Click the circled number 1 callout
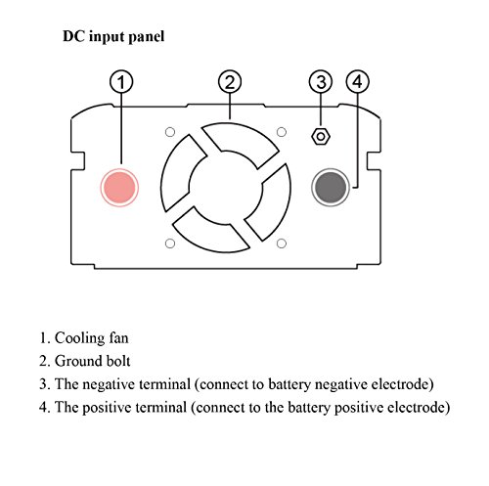click(121, 82)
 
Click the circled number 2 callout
click(230, 82)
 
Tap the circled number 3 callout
click(321, 82)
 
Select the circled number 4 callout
click(358, 82)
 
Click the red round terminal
click(119, 188)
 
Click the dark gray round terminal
click(331, 188)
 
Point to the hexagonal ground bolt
click(321, 136)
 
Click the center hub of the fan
click(226, 188)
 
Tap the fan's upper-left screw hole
click(170, 132)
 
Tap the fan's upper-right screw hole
click(282, 132)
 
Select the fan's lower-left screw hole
click(170, 243)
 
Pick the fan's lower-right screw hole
click(282, 243)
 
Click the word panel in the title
click(147, 36)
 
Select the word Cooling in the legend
click(79, 338)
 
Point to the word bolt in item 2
click(116, 361)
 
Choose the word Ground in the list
click(77, 361)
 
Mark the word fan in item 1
click(118, 337)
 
